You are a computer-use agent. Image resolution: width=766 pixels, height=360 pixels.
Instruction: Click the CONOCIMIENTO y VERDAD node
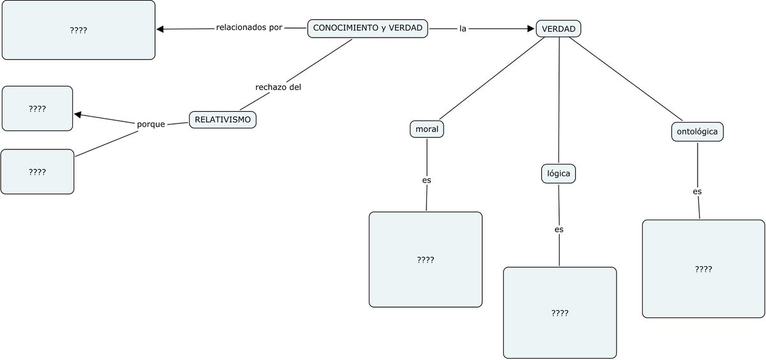pyautogui.click(x=368, y=28)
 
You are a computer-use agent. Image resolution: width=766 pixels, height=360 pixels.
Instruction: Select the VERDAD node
pyautogui.click(x=559, y=29)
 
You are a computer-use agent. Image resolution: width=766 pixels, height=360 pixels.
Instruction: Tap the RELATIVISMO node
pyautogui.click(x=223, y=119)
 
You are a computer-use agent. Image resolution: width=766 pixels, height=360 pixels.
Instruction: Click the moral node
pyautogui.click(x=426, y=129)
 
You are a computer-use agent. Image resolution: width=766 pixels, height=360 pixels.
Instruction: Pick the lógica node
pyautogui.click(x=559, y=174)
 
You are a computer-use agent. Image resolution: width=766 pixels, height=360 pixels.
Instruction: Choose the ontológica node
pyautogui.click(x=697, y=132)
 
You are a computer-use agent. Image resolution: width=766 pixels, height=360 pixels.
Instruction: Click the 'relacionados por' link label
pyautogui.click(x=249, y=28)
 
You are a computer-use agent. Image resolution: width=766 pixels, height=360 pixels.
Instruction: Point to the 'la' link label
pyautogui.click(x=463, y=29)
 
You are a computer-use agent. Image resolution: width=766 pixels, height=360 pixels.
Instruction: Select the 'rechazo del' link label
pyautogui.click(x=278, y=87)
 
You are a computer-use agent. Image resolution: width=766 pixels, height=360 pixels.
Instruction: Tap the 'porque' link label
pyautogui.click(x=151, y=124)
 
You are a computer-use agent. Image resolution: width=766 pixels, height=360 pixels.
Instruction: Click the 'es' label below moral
pyautogui.click(x=426, y=180)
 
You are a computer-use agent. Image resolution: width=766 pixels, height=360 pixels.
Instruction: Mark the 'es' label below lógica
pyautogui.click(x=559, y=229)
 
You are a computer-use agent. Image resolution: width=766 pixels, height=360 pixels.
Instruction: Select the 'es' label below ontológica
pyautogui.click(x=697, y=191)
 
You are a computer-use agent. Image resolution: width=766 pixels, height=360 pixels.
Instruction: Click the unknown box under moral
pyautogui.click(x=425, y=260)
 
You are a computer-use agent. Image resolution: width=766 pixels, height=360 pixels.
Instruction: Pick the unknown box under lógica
pyautogui.click(x=560, y=313)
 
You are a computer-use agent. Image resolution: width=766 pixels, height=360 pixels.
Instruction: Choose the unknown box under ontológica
pyautogui.click(x=703, y=269)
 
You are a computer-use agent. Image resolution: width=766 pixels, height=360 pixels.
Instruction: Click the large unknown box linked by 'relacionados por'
pyautogui.click(x=79, y=30)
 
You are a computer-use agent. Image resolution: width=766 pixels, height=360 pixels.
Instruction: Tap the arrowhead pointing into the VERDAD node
pyautogui.click(x=530, y=29)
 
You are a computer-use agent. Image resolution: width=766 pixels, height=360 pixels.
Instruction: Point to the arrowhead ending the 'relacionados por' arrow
pyautogui.click(x=161, y=29)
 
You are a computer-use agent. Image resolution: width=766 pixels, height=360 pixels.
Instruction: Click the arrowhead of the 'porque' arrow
pyautogui.click(x=78, y=115)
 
